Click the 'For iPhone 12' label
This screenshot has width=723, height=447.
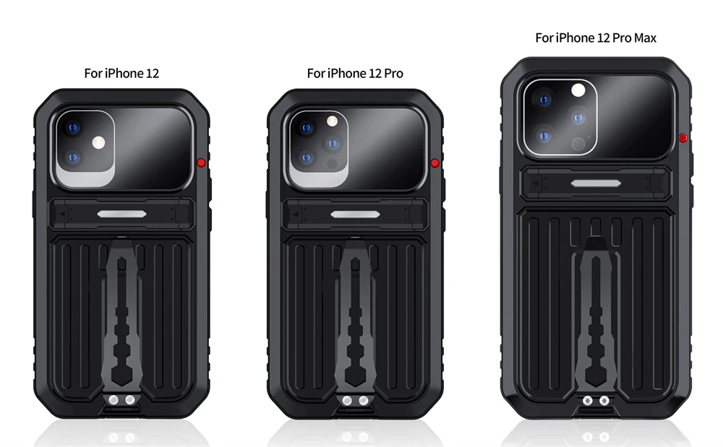[x=121, y=73]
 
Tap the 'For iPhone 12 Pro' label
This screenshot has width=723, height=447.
[x=355, y=73]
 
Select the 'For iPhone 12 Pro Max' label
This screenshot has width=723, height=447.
[x=596, y=38]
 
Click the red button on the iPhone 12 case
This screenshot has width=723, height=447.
[x=201, y=162]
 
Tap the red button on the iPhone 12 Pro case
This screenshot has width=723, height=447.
[x=435, y=163]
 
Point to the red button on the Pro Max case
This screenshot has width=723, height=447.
[x=683, y=137]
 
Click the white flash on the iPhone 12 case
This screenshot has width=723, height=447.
[x=98, y=142]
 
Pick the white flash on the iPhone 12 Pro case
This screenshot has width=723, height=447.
[x=332, y=122]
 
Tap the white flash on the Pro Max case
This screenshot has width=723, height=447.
[x=578, y=90]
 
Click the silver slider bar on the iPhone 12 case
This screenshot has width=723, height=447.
[x=121, y=214]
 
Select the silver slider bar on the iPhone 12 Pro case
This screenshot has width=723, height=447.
[x=356, y=215]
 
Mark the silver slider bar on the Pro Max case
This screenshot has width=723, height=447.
[x=596, y=184]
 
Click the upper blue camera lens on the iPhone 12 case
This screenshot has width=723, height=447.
[x=73, y=127]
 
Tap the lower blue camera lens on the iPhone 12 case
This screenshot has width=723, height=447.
[x=73, y=158]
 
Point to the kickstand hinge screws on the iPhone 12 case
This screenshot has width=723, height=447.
[x=121, y=400]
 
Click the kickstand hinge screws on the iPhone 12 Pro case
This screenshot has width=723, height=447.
[x=356, y=401]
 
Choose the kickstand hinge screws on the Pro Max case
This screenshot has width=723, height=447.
[x=596, y=401]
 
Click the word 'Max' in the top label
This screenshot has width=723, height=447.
[x=645, y=38]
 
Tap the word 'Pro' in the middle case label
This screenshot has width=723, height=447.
[x=393, y=73]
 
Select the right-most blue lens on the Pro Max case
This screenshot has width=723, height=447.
[x=578, y=118]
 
